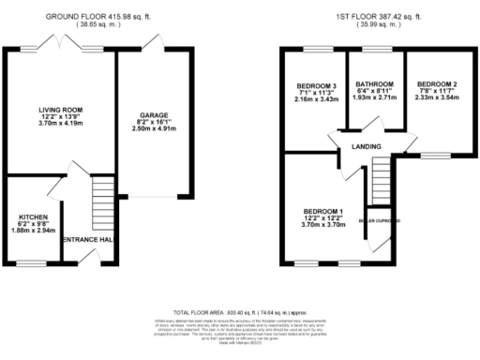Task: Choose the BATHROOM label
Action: [375, 84]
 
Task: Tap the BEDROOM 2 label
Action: [435, 84]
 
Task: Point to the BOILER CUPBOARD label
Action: [380, 221]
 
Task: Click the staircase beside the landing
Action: [380, 179]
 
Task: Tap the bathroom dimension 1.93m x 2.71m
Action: [375, 98]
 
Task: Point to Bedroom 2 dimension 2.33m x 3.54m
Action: [435, 98]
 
